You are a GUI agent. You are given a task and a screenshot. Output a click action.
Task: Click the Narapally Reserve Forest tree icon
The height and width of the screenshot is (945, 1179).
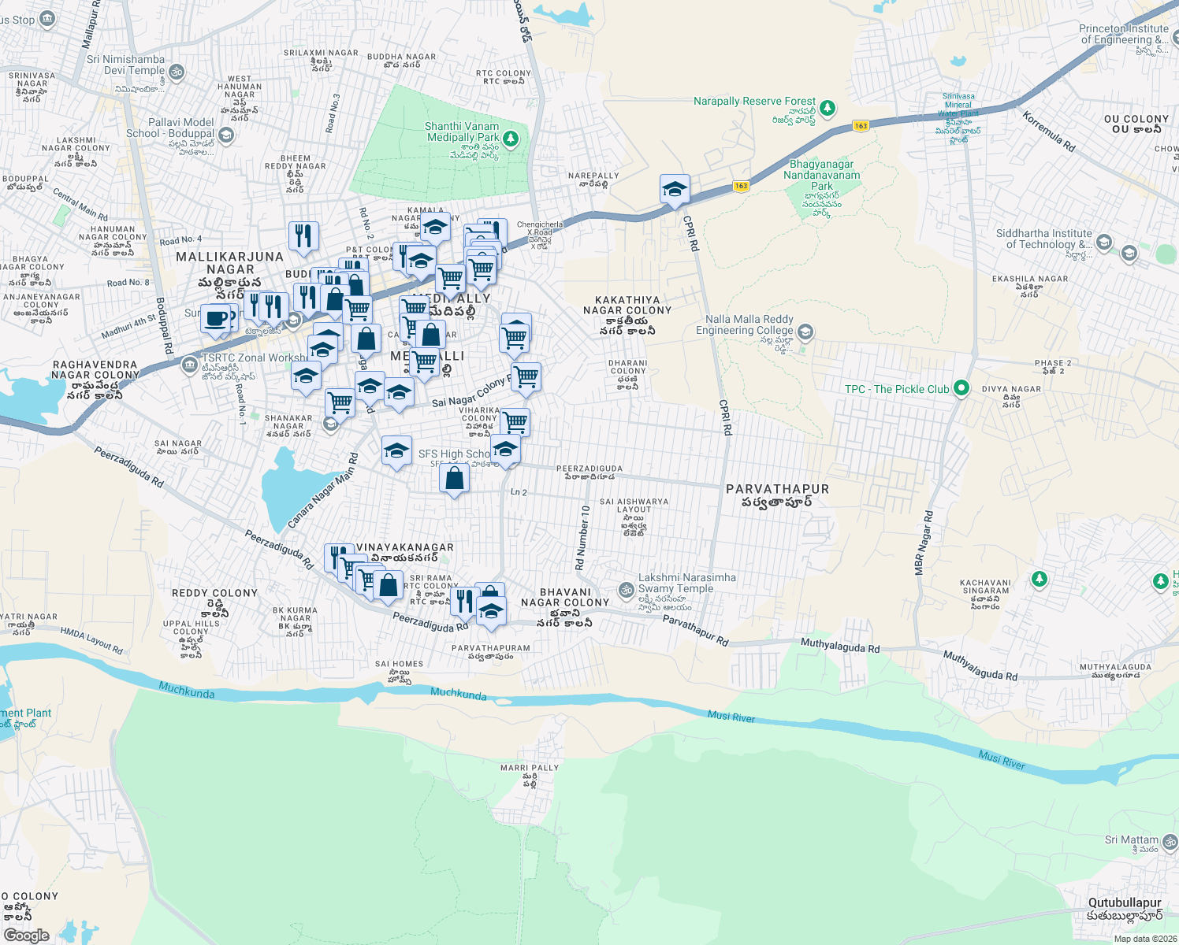827,108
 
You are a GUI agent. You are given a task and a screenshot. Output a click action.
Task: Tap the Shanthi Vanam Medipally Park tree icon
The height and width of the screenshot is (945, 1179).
511,139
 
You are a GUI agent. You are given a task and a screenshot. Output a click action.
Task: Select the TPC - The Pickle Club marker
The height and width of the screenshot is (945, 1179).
961,388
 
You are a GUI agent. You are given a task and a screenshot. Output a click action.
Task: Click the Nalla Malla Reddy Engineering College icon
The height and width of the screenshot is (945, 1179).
805,332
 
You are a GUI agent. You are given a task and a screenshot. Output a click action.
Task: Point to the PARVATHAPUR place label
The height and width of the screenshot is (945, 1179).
777,489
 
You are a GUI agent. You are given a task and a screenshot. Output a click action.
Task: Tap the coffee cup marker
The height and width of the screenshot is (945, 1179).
215,320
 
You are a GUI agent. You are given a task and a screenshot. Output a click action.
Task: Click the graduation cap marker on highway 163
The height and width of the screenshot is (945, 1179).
675,190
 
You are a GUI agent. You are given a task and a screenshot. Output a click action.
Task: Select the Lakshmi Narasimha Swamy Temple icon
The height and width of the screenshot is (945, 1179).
626,589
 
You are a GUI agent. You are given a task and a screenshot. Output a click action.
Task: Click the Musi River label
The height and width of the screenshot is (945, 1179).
731,717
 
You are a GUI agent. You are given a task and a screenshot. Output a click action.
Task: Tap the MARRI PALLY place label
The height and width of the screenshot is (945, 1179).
529,768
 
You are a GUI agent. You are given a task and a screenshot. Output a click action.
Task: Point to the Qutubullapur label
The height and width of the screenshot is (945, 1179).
1125,903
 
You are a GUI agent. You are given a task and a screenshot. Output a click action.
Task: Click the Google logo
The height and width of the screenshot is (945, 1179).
26,935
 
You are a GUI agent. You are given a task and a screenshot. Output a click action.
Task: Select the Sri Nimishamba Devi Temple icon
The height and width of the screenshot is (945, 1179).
177,72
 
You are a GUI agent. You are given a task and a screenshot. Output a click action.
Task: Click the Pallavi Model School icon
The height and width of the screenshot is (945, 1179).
226,135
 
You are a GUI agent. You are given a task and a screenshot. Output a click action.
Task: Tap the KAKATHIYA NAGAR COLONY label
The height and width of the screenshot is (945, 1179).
627,306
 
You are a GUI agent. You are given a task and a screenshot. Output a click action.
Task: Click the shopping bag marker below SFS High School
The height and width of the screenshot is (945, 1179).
455,479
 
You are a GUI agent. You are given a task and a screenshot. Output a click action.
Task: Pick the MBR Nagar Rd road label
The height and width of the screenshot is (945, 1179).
924,543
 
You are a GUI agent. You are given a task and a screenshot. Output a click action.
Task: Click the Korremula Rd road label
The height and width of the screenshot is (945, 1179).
1049,132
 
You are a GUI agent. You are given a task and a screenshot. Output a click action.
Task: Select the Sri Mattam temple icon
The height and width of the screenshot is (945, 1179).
1170,842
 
